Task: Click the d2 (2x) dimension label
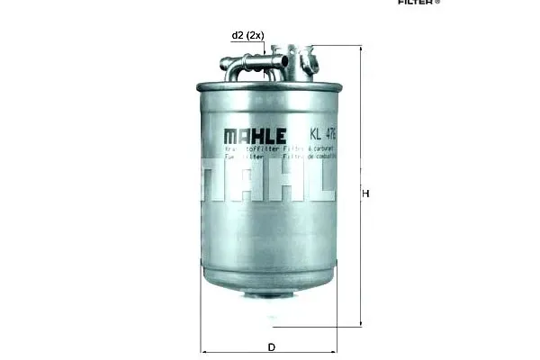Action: [247, 35]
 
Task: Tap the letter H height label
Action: [365, 193]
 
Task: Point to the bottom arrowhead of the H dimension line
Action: [361, 324]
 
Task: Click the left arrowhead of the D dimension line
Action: [203, 351]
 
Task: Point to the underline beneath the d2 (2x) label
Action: [247, 42]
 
